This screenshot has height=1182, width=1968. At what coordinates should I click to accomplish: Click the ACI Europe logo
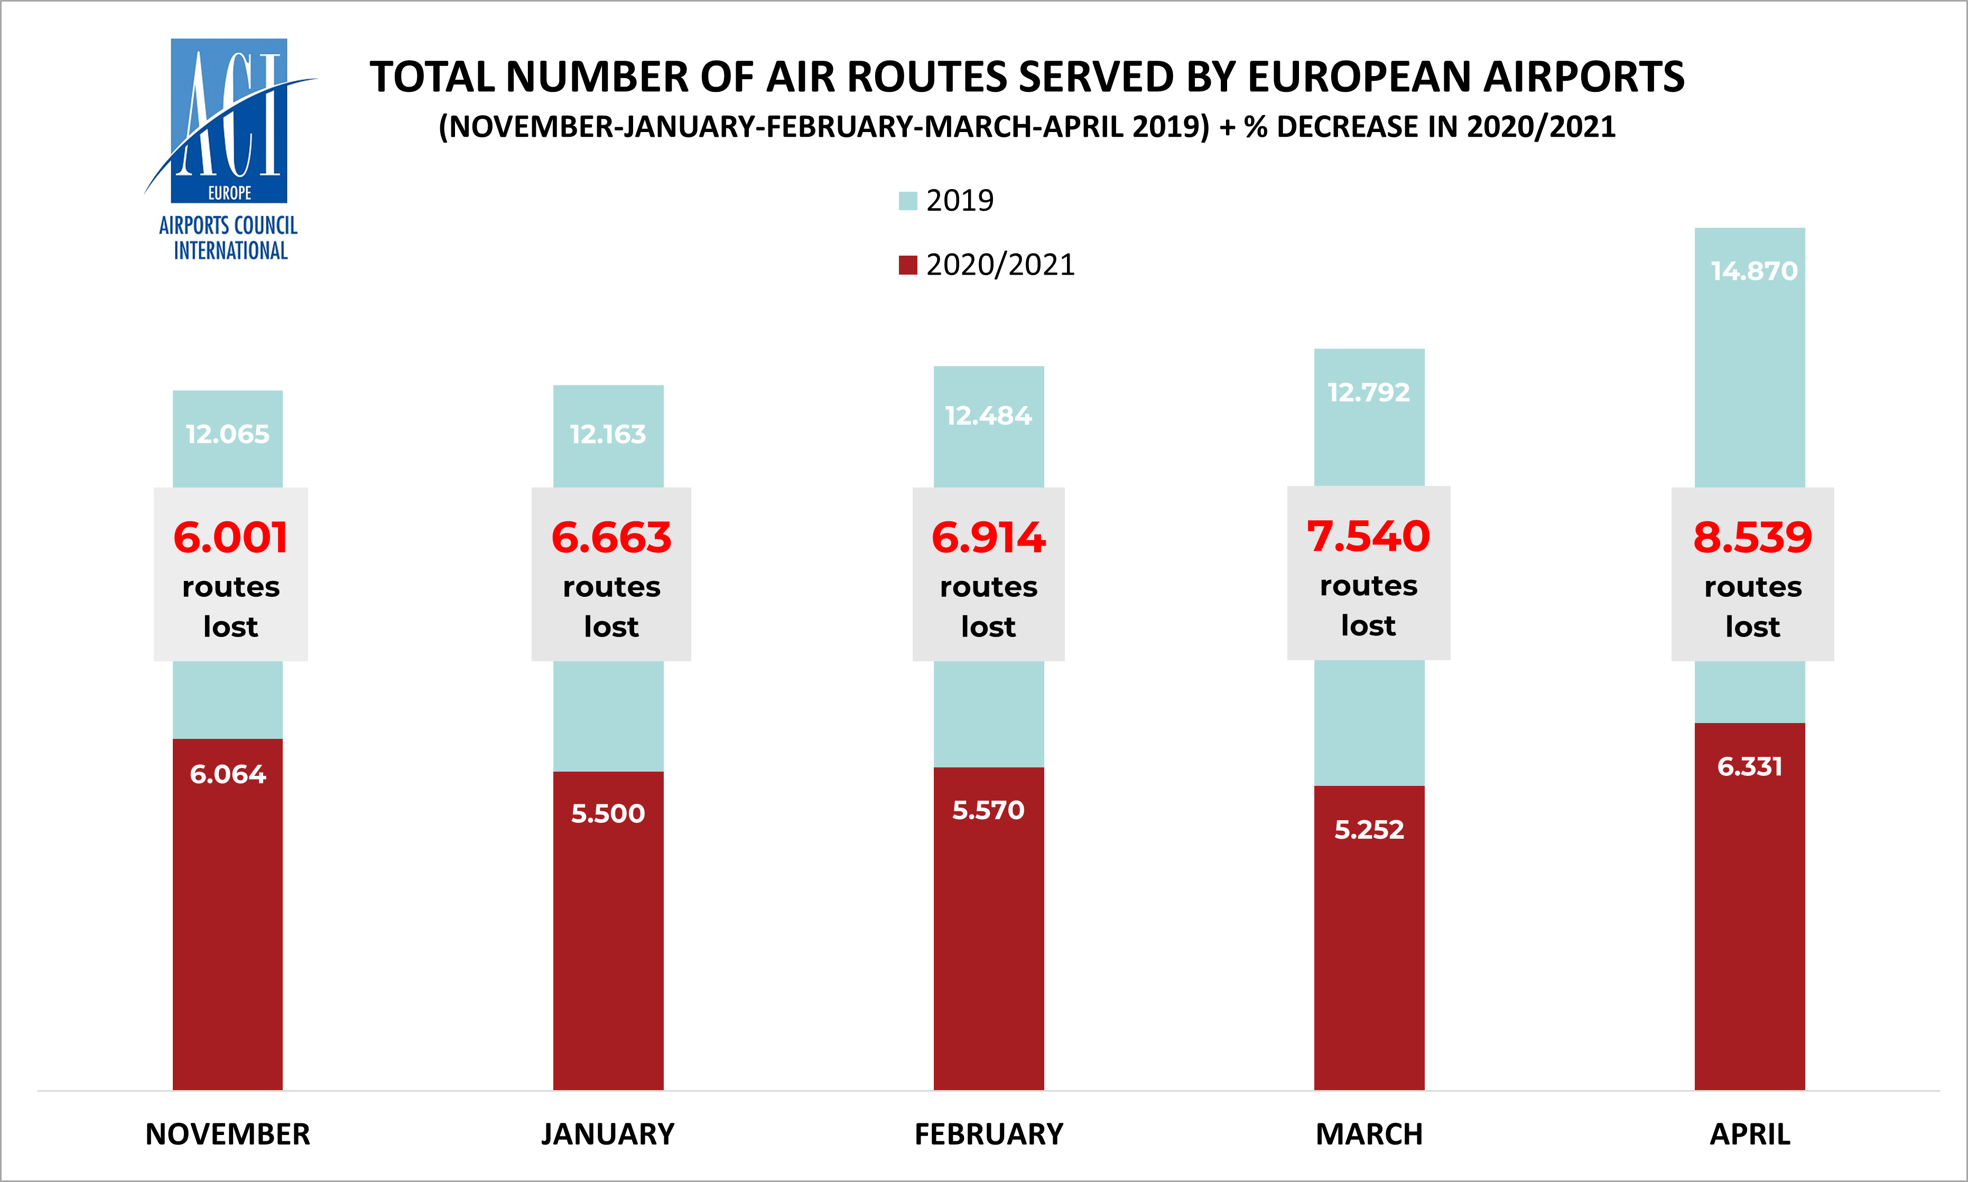click(x=229, y=149)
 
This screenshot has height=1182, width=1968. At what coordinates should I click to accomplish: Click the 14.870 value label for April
click(x=1753, y=271)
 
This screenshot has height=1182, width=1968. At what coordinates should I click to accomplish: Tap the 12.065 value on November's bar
click(x=228, y=434)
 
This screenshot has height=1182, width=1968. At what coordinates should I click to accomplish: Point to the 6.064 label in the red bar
click(x=228, y=774)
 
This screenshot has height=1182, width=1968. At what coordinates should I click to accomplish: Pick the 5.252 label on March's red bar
click(x=1369, y=830)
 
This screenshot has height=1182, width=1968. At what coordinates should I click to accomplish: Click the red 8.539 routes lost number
click(x=1752, y=538)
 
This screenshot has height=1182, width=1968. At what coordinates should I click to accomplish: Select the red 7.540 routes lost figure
click(x=1368, y=536)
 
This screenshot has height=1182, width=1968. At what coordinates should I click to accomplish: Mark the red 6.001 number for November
click(x=230, y=538)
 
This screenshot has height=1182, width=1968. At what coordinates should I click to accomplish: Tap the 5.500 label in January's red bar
click(x=608, y=813)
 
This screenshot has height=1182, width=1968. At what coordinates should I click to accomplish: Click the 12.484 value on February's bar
click(x=988, y=416)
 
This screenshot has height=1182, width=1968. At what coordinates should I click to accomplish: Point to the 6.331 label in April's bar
click(x=1750, y=766)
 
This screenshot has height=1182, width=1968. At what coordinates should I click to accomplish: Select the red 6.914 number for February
click(x=988, y=538)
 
